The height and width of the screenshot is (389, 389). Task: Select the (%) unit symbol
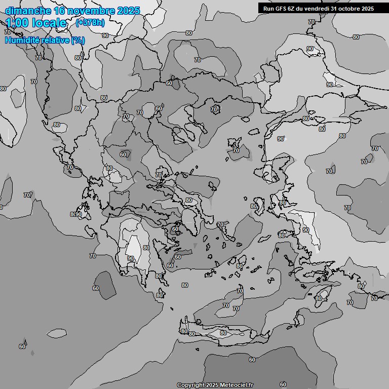click(78, 40)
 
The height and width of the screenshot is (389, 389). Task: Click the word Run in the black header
click(269, 8)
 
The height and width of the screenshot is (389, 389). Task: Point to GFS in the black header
click(282, 8)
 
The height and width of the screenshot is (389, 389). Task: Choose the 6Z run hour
click(294, 8)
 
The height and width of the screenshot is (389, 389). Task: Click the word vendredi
click(321, 8)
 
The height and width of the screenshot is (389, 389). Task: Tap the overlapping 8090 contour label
click(76, 215)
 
